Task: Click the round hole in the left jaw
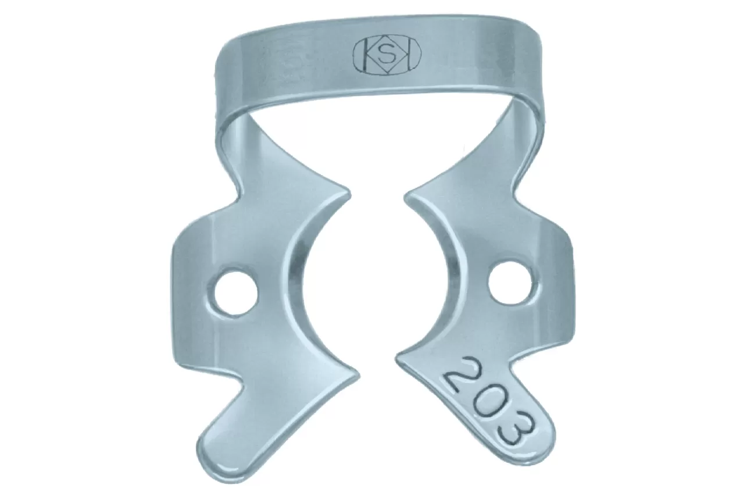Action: (x=235, y=294)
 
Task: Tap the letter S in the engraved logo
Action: (x=387, y=56)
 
